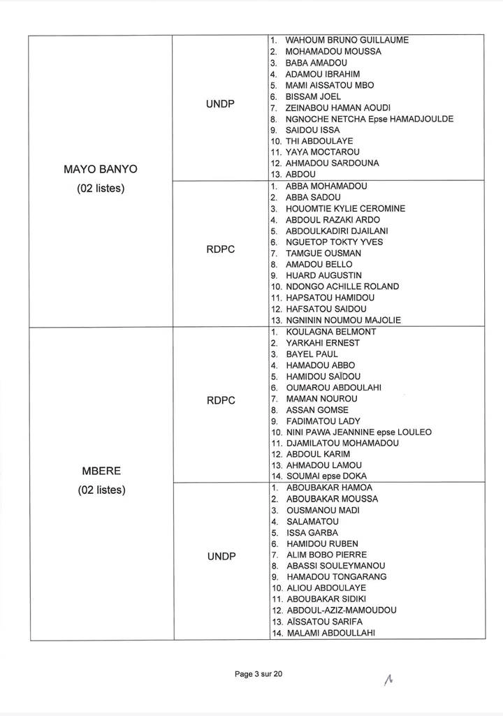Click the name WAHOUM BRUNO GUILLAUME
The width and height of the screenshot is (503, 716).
pos(347,41)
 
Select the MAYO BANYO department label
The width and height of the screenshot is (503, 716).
pos(101,170)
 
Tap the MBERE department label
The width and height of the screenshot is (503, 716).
pos(101,471)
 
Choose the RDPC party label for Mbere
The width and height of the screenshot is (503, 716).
pos(221,400)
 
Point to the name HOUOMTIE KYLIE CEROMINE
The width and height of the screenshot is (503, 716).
pos(345,209)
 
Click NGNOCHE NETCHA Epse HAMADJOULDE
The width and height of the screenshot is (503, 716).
pos(369,119)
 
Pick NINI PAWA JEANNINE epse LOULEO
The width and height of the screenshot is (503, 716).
pos(358,432)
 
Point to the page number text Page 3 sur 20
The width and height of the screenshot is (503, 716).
pos(258,674)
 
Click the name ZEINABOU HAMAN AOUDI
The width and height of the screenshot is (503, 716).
pos(338,108)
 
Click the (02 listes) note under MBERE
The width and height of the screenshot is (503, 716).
pos(101,490)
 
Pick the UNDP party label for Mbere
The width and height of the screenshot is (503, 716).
pos(221,556)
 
